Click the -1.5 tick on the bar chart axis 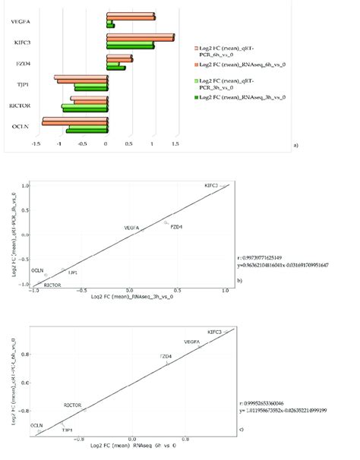[36, 144]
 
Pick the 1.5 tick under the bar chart [176, 144]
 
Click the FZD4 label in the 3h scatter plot [176, 227]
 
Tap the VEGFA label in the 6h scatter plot [193, 342]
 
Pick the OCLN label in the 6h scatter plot [36, 425]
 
